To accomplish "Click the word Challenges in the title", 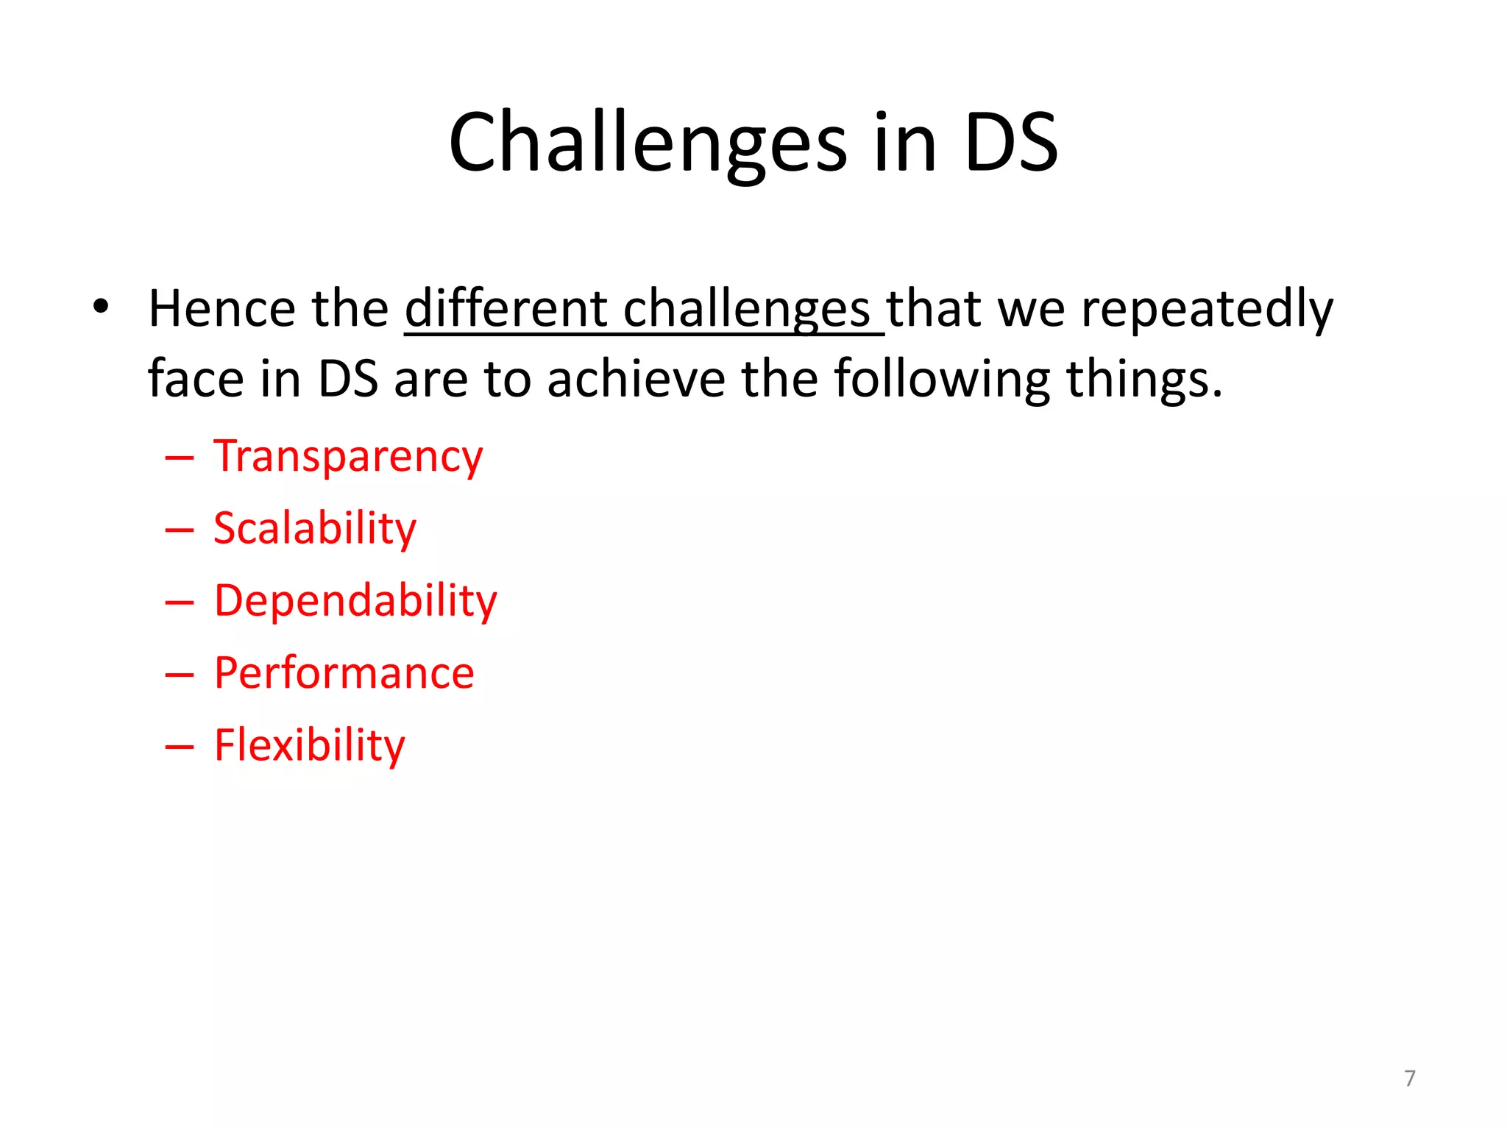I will click(x=648, y=143).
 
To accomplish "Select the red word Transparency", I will click(x=347, y=457).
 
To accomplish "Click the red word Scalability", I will click(x=314, y=529).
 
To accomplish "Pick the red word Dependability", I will click(x=355, y=601).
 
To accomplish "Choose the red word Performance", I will click(x=344, y=673).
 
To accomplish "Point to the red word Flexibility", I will click(x=309, y=745).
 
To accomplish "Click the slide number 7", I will click(x=1409, y=1078).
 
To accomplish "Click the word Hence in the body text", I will click(x=221, y=309).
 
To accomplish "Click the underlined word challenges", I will click(x=747, y=309).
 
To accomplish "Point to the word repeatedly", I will click(x=1206, y=309).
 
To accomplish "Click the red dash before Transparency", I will click(x=180, y=458).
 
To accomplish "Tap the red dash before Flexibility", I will click(x=180, y=747).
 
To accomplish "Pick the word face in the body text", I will click(x=195, y=380).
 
